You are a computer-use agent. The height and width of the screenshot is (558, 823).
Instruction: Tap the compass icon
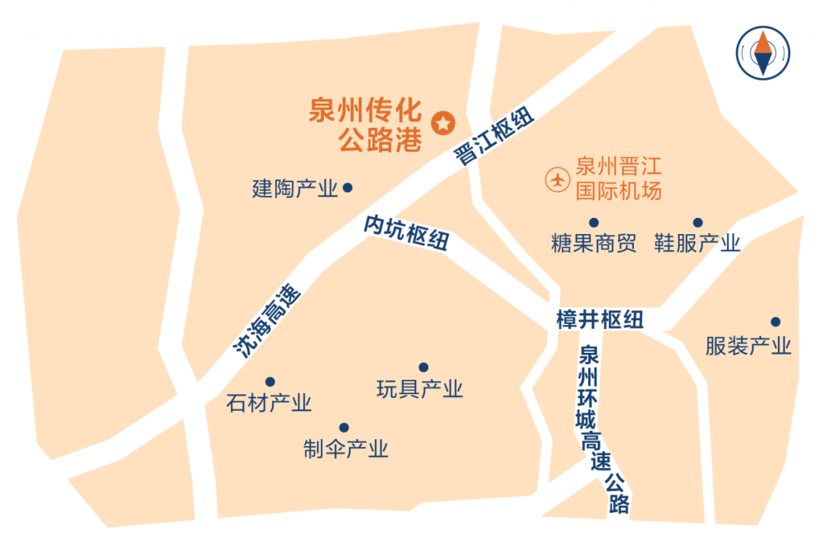(x=763, y=52)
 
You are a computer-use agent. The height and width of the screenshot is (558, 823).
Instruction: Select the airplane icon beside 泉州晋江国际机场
(x=558, y=180)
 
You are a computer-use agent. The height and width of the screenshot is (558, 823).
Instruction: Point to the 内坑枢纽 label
(x=405, y=232)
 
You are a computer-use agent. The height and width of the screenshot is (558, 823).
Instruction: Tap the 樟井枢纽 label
(x=600, y=320)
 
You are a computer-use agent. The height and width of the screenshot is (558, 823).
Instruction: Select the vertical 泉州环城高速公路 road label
(x=602, y=431)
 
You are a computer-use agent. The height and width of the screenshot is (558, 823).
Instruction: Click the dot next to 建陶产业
(x=347, y=187)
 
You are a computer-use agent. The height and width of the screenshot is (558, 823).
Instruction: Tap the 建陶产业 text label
(x=295, y=188)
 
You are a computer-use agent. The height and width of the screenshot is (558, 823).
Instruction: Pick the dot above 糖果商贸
(x=594, y=223)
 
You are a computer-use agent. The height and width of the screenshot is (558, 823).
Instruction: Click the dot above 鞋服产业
(x=697, y=223)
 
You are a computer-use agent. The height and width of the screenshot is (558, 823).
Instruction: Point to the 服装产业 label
(x=748, y=346)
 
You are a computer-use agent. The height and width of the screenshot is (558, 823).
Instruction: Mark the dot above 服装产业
(x=775, y=322)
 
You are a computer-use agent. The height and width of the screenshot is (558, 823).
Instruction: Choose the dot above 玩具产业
(x=424, y=367)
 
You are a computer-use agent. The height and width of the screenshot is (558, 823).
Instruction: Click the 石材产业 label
(x=269, y=402)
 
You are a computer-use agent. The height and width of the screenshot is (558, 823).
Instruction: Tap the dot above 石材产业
(x=269, y=382)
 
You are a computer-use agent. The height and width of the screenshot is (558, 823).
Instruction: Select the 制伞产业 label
(x=346, y=448)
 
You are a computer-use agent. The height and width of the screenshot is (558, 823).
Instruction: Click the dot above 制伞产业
(x=344, y=428)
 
